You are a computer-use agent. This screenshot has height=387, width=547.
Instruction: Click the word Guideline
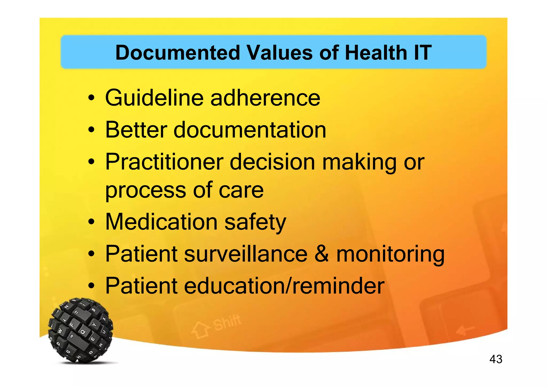point(154,98)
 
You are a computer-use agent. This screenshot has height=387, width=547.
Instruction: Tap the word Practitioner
point(164,162)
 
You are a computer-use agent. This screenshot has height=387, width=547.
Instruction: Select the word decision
point(272,162)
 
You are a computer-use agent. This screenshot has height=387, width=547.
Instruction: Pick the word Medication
point(162,222)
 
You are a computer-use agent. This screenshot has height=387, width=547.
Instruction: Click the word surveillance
point(246,254)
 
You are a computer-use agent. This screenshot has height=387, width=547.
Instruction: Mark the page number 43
point(496,359)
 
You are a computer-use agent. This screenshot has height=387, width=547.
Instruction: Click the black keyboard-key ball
point(81,330)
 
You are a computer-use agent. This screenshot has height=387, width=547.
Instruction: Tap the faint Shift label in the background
point(227,322)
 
